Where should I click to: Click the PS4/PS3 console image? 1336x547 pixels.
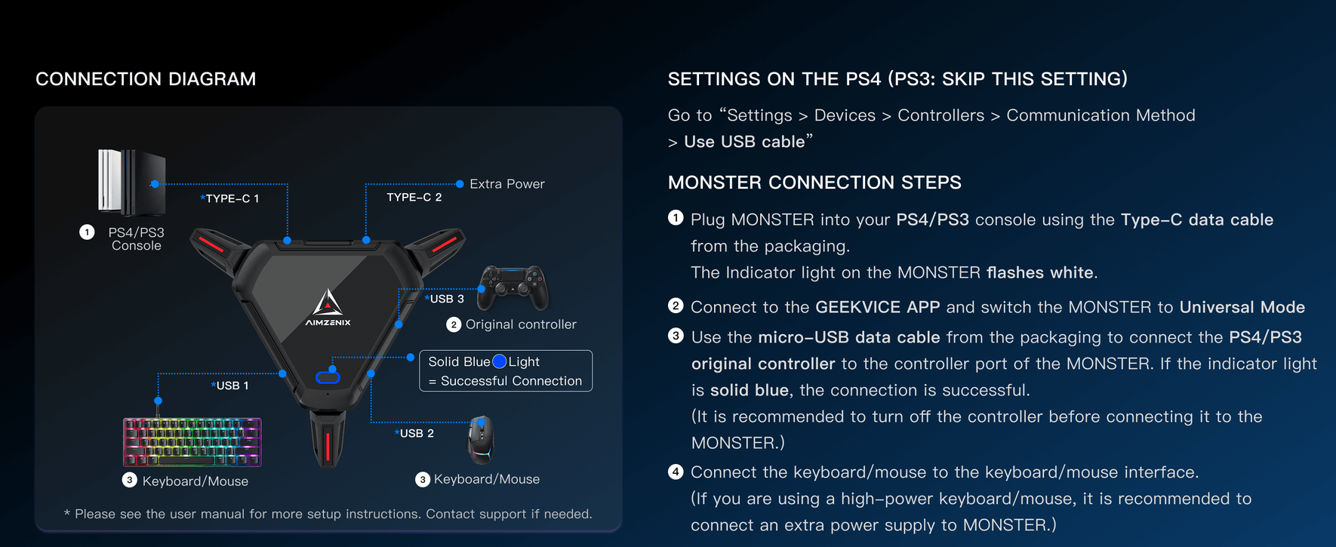[131, 181]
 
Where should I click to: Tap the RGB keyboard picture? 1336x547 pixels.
[192, 442]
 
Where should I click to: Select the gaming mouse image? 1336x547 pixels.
[480, 439]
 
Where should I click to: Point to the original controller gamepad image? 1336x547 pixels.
[513, 287]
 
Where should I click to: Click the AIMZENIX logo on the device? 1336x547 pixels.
[328, 309]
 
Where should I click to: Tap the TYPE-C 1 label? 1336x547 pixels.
[231, 198]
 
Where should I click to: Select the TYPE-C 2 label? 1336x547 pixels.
[414, 197]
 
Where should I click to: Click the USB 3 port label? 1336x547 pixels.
[445, 299]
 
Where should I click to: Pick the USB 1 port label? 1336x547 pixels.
[231, 386]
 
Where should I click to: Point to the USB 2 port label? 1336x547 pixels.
[415, 433]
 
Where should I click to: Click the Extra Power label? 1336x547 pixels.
[506, 184]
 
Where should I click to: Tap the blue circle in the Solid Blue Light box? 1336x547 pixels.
[499, 361]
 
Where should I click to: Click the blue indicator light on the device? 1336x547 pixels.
[328, 376]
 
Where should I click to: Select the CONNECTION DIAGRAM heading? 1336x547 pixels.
[146, 79]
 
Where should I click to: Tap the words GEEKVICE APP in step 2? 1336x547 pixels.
[877, 307]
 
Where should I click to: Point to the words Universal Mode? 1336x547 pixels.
[1242, 307]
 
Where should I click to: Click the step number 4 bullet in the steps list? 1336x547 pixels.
[676, 472]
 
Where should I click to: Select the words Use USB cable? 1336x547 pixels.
[743, 142]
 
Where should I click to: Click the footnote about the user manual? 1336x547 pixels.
[328, 514]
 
